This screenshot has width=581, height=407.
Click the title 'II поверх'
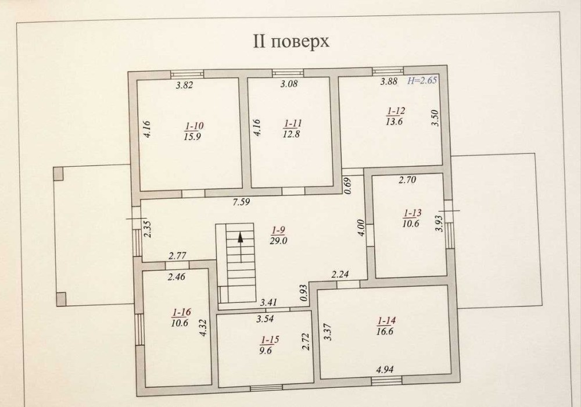291,41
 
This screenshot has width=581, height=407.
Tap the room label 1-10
194,126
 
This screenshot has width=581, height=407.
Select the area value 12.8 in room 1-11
292,134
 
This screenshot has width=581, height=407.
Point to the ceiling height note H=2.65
422,80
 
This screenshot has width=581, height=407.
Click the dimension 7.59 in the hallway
241,202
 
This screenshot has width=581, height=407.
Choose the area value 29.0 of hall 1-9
279,241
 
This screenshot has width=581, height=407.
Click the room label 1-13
413,213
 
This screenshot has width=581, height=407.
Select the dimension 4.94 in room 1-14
385,369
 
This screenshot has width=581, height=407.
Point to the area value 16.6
385,331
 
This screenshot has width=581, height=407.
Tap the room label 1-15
270,340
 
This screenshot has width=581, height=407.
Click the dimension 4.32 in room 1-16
203,328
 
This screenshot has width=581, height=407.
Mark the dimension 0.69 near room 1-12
347,185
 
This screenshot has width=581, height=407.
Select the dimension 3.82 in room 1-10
184,85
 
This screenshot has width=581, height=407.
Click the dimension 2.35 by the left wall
148,229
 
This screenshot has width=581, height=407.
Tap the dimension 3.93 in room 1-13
439,223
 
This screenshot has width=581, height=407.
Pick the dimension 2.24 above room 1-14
340,274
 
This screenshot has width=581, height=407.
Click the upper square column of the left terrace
59,173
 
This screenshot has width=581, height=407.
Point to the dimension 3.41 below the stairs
268,303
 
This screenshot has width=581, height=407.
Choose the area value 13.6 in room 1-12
394,121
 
